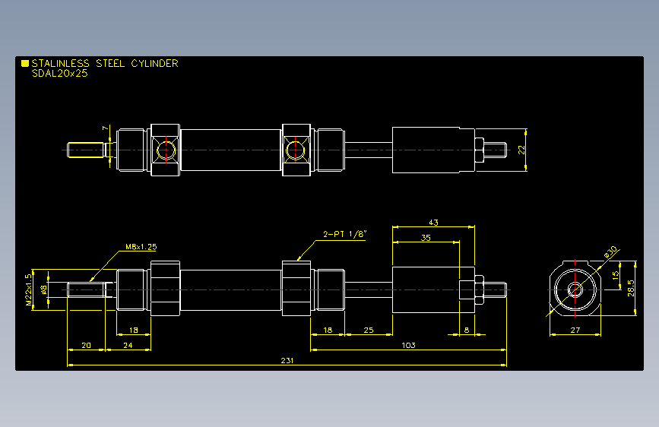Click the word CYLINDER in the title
pyautogui.click(x=154, y=63)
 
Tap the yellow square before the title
pyautogui.click(x=25, y=63)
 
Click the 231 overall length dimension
pyautogui.click(x=287, y=360)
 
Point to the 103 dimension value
pyautogui.click(x=408, y=345)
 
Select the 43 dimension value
pyautogui.click(x=433, y=223)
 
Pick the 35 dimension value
pyautogui.click(x=426, y=238)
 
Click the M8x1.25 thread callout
pyautogui.click(x=141, y=247)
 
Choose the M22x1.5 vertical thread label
pyautogui.click(x=28, y=289)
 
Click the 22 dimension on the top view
pyautogui.click(x=521, y=150)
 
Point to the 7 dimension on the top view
pyautogui.click(x=106, y=128)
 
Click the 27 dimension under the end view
pyautogui.click(x=575, y=330)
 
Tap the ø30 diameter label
pyautogui.click(x=610, y=251)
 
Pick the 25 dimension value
pyautogui.click(x=368, y=330)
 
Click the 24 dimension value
pyautogui.click(x=128, y=345)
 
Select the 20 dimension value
pyautogui.click(x=86, y=345)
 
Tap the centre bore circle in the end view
pyautogui.click(x=575, y=289)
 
